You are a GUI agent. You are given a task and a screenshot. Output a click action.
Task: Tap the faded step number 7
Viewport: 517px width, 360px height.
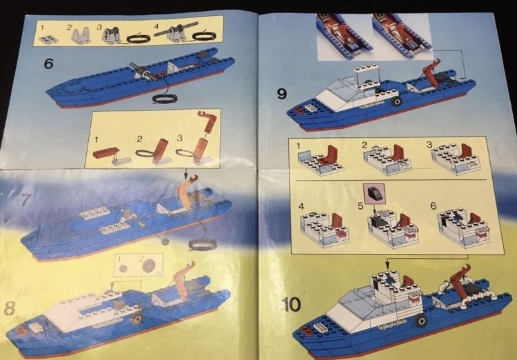pos(26,201)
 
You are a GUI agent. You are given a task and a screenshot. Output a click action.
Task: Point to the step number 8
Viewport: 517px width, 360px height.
pos(10,308)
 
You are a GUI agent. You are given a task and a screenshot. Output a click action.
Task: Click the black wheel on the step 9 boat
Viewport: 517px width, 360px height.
pos(396,101)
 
